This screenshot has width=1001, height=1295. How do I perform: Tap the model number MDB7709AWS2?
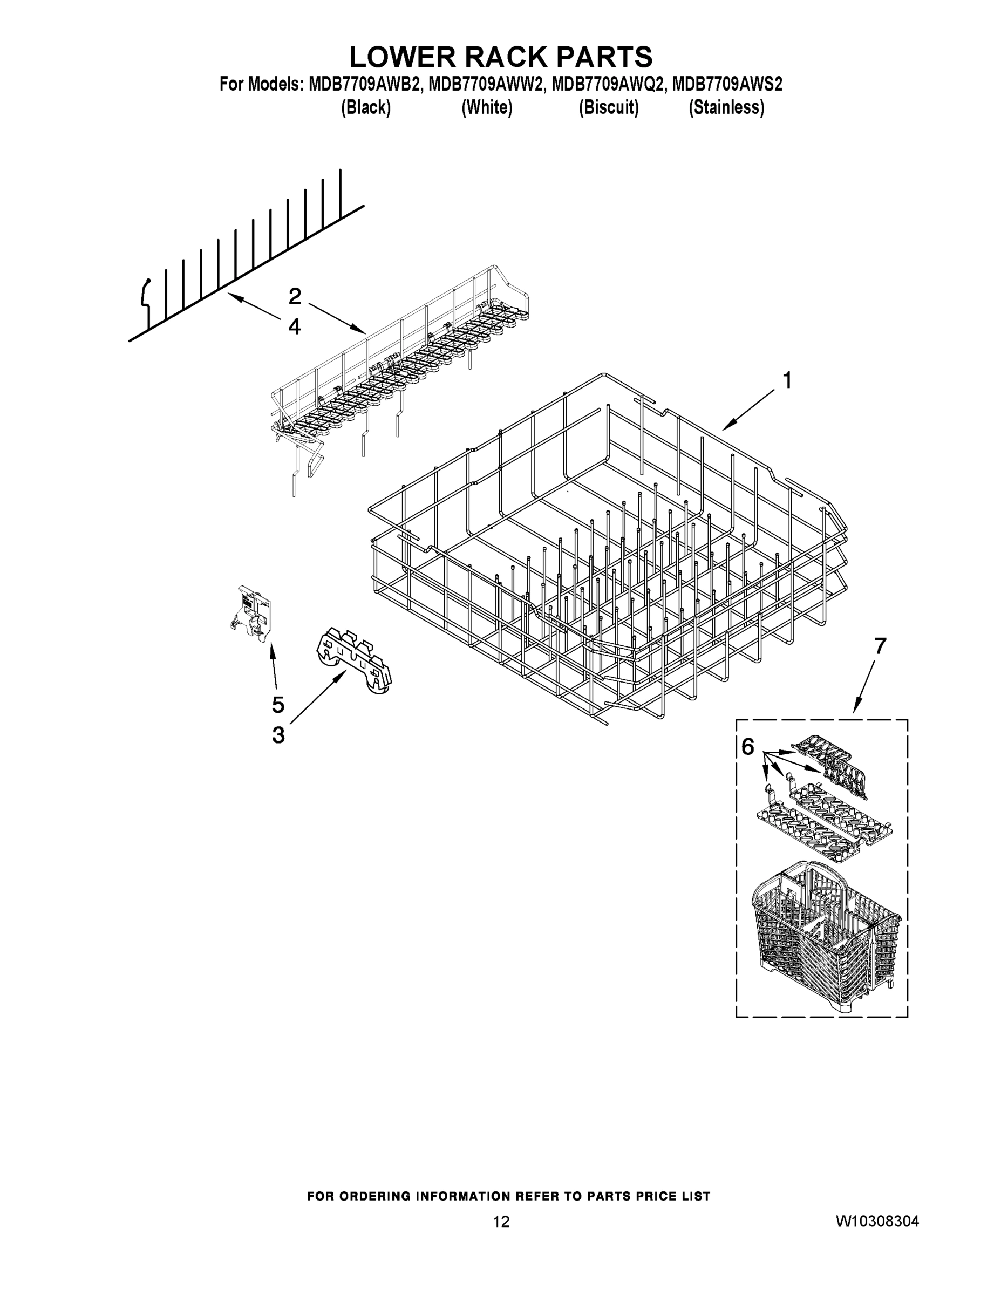point(727,84)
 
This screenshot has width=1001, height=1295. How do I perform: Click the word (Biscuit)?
point(609,107)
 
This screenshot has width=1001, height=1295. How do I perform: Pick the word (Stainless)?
point(726,107)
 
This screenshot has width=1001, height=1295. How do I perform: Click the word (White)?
point(486,107)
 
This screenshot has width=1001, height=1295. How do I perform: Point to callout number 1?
point(787,380)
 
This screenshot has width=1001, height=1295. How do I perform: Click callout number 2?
point(295,296)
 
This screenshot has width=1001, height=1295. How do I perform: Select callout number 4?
point(295,326)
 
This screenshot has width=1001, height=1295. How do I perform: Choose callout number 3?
point(278,735)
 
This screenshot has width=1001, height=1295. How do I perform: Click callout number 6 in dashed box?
point(748,748)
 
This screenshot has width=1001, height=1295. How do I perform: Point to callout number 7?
point(880,646)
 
